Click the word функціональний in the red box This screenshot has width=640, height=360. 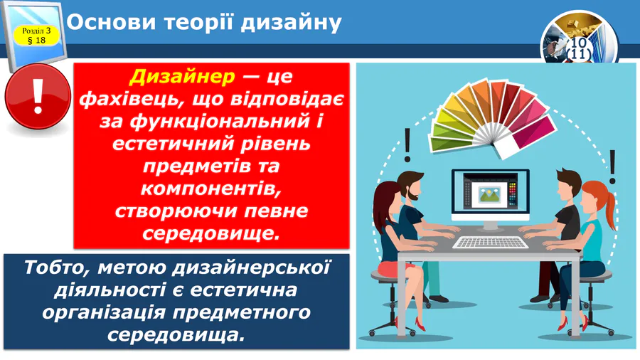coord(218,122)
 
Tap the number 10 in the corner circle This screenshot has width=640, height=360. coord(580,44)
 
